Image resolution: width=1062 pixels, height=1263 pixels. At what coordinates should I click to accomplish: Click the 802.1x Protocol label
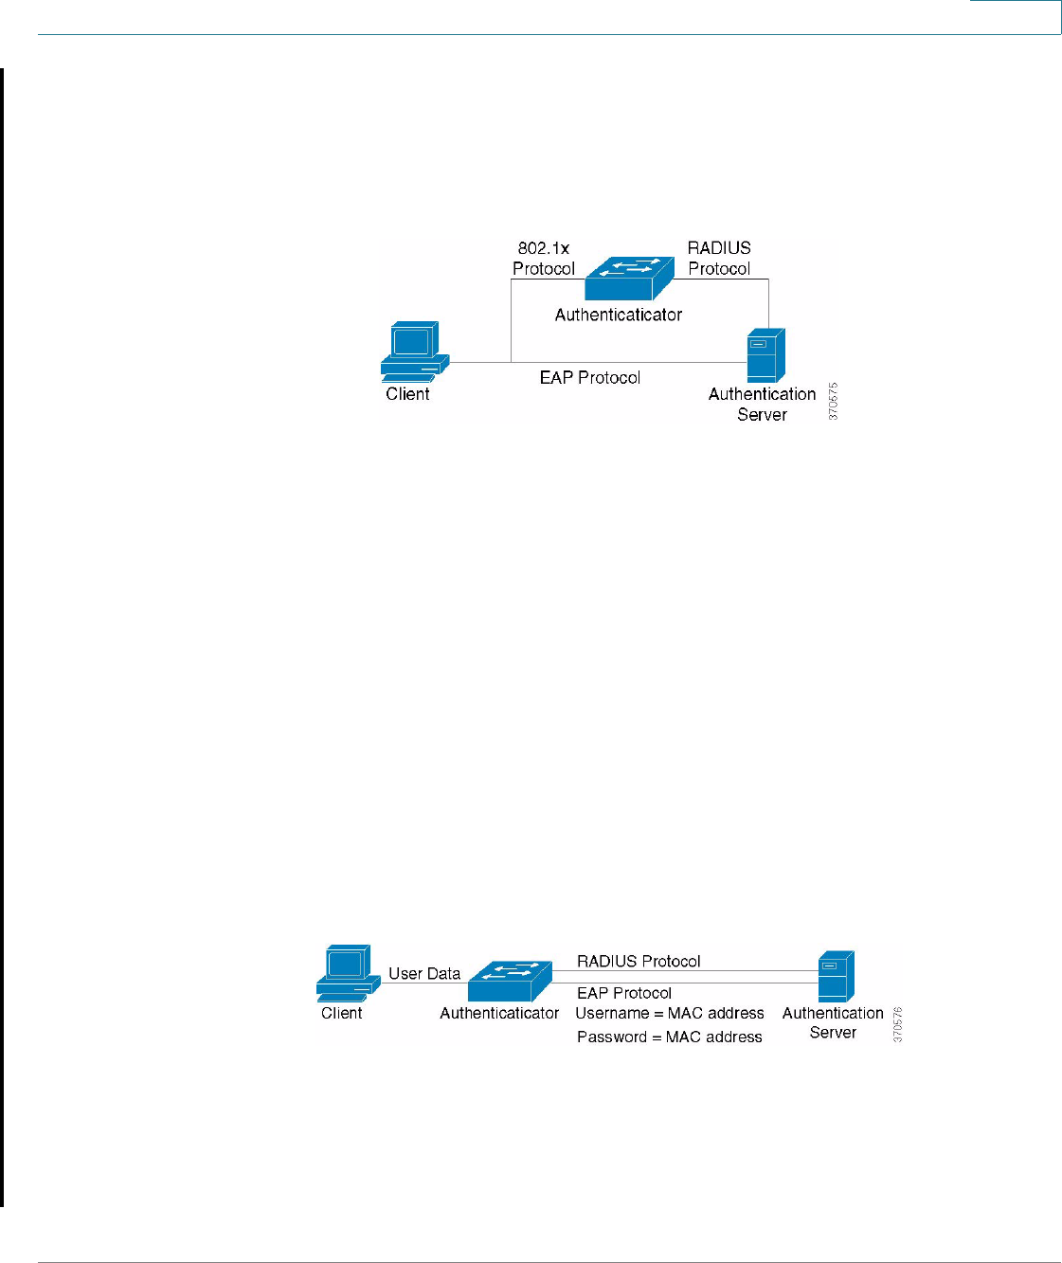click(544, 258)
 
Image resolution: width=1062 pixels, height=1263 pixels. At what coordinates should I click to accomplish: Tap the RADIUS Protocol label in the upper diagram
click(719, 258)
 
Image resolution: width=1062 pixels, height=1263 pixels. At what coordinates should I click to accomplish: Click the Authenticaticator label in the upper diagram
click(619, 315)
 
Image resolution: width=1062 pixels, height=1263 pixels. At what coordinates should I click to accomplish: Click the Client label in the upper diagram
click(407, 394)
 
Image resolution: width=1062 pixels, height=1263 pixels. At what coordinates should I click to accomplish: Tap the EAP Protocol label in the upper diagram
click(590, 377)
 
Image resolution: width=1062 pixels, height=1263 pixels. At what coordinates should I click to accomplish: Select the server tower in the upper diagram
click(765, 355)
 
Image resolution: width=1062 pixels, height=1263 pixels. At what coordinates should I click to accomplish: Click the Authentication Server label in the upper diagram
click(762, 405)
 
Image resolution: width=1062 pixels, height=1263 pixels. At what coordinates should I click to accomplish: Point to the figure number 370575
click(833, 402)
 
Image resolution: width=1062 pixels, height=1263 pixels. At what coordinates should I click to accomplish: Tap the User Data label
click(424, 973)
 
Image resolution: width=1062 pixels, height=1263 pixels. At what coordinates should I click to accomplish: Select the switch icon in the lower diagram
click(510, 983)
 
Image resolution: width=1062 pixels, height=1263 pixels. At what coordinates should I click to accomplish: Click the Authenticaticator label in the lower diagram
click(499, 1014)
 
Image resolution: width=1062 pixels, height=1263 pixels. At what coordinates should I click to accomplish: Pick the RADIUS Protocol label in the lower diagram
click(639, 961)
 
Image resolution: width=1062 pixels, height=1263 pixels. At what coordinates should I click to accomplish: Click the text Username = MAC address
click(670, 1014)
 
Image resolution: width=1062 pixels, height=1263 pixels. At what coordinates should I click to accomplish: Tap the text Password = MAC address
click(670, 1037)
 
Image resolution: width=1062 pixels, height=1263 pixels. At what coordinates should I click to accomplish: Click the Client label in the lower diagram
click(342, 1013)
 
